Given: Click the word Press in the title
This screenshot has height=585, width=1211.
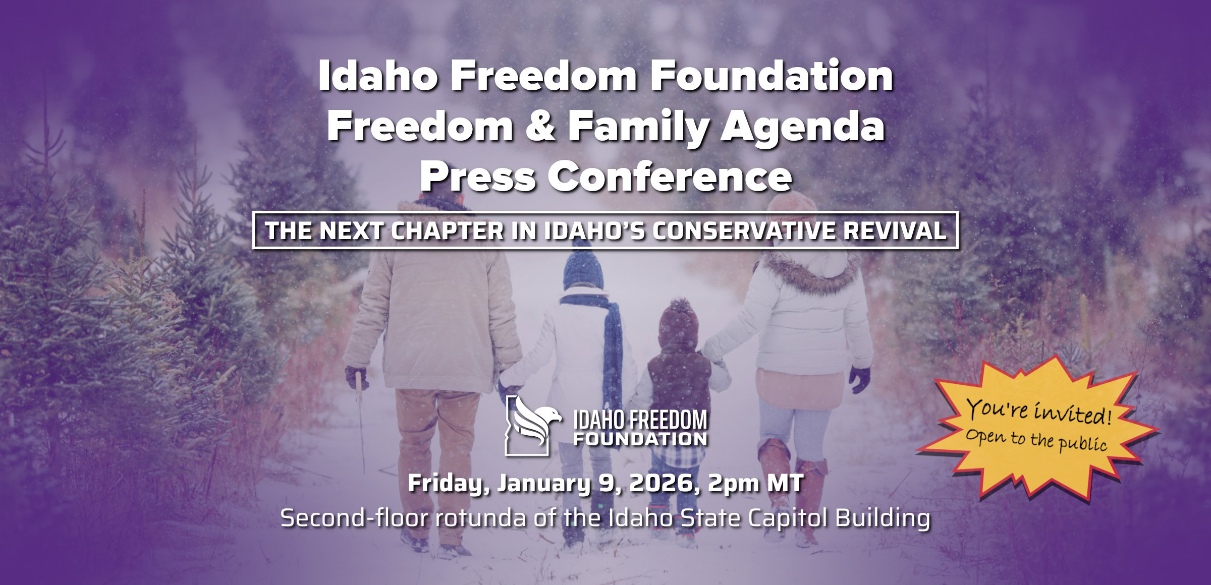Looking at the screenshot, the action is coord(478,177).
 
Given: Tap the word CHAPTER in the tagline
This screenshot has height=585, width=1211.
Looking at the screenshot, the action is coord(447,231).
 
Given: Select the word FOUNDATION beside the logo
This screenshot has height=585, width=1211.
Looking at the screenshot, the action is coord(640,439).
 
